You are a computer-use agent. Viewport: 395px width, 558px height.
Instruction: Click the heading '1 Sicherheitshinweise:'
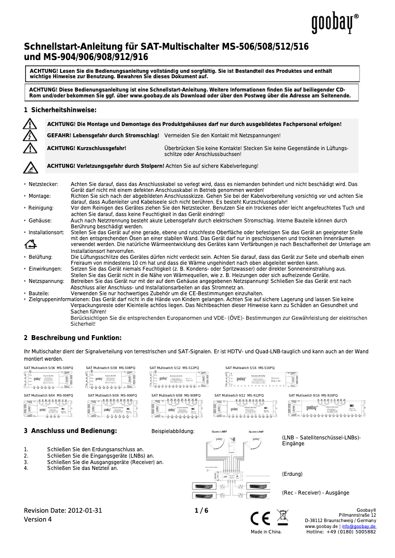click(60, 109)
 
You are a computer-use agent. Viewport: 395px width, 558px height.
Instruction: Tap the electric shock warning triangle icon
click(30, 135)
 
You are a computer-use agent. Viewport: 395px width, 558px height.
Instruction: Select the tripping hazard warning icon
click(30, 168)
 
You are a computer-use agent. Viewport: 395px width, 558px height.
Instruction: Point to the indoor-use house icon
click(31, 243)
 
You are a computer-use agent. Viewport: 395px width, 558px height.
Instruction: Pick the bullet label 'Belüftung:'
click(41, 257)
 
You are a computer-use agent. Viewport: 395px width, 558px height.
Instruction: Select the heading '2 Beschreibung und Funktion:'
click(72, 338)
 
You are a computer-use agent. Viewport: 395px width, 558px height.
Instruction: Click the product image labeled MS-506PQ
click(48, 379)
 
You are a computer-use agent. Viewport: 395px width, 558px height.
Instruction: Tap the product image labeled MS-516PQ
click(250, 379)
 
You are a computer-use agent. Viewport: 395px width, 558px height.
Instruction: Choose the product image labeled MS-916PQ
click(327, 408)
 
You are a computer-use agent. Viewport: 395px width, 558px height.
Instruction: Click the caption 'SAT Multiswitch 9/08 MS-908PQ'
click(176, 395)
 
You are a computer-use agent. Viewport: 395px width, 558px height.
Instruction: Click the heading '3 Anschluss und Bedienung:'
click(70, 431)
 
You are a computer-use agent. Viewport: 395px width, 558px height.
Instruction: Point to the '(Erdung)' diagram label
click(292, 474)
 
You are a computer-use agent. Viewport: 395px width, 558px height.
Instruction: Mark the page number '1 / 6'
click(201, 510)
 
